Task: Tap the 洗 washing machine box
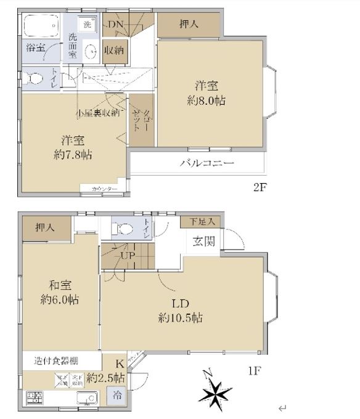click(88, 25)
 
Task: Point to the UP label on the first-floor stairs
click(128, 254)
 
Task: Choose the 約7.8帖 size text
click(73, 155)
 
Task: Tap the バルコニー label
click(207, 163)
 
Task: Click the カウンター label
click(104, 189)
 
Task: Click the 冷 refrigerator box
click(117, 397)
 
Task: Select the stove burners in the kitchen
click(34, 397)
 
